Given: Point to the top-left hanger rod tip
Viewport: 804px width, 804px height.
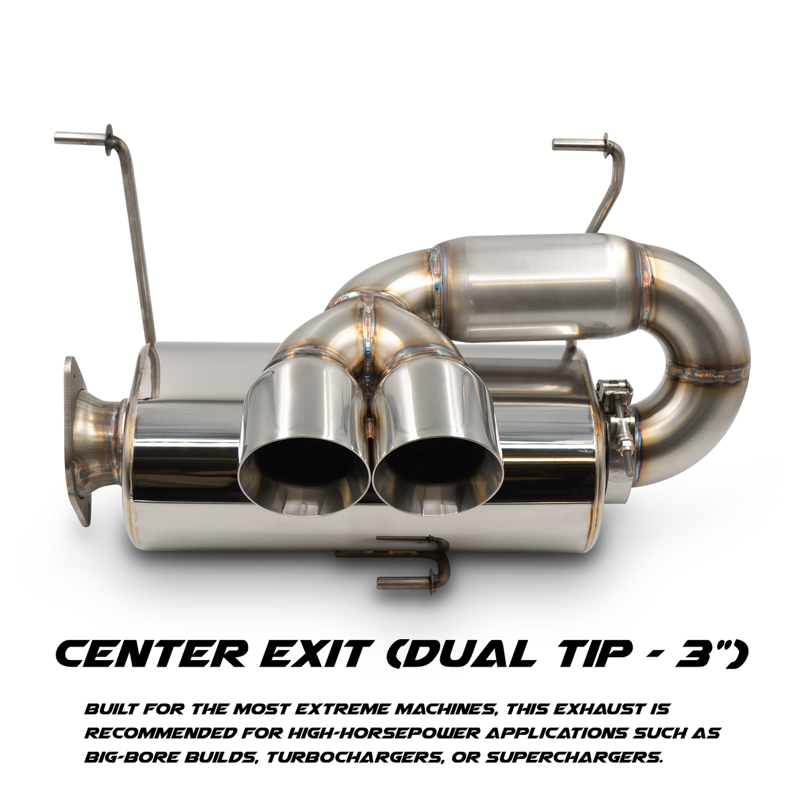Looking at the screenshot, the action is [57, 136].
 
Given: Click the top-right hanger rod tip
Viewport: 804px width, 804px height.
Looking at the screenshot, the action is [555, 144].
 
